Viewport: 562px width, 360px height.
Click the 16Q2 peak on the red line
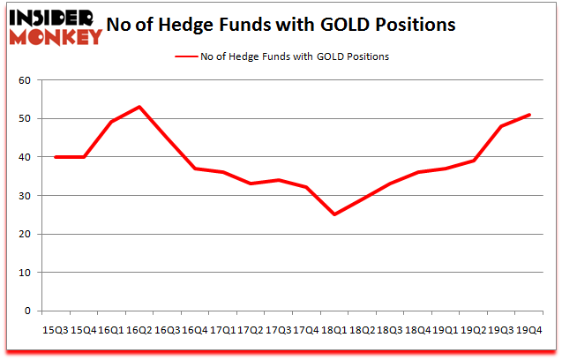tap(139, 107)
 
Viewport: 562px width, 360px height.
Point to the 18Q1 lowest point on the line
tap(334, 214)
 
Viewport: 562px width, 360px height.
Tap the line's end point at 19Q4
tap(529, 115)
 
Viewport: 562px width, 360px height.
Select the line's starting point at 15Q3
tap(56, 157)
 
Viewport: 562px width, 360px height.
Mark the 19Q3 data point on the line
tap(501, 126)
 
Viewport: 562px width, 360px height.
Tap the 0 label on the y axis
tap(26, 311)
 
